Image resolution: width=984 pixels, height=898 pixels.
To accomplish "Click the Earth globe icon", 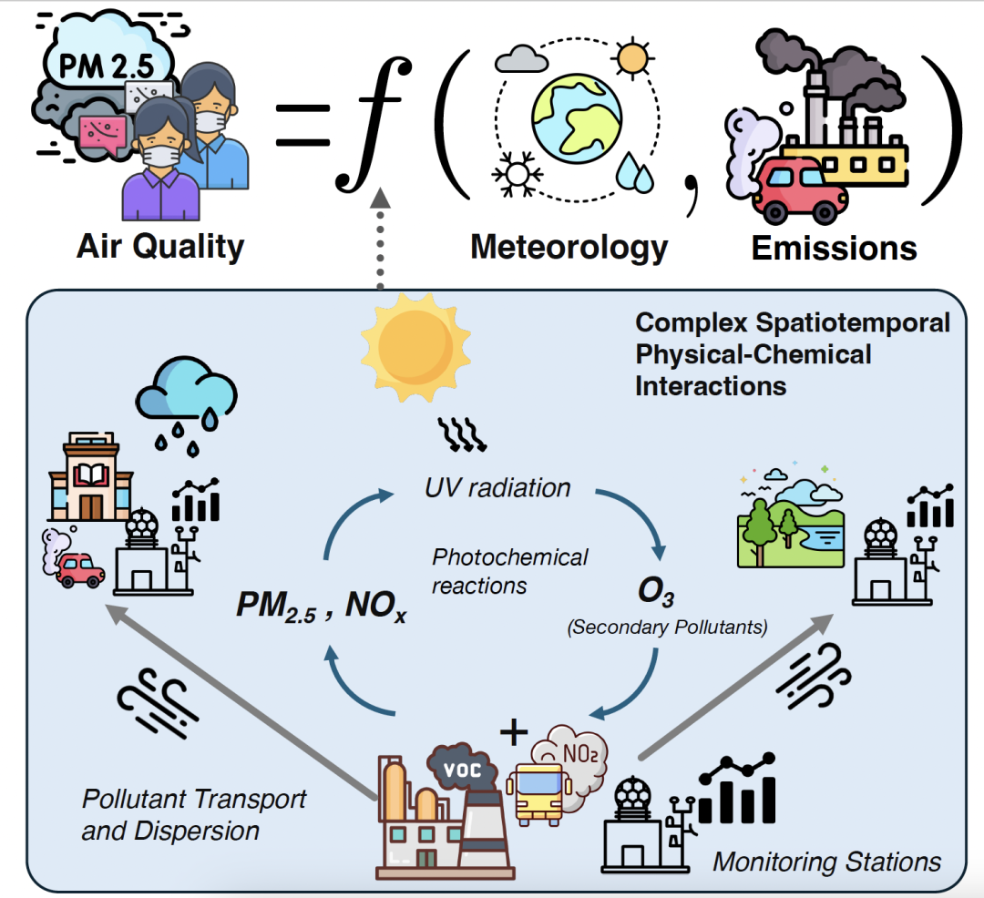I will pos(577,119).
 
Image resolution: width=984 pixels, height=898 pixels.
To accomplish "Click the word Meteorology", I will pos(569,247).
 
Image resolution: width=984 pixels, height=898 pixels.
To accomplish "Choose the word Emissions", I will pos(834,248).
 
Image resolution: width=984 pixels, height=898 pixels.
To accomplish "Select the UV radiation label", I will pos(497,488).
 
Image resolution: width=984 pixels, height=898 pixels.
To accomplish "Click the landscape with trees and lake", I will pos(789,518).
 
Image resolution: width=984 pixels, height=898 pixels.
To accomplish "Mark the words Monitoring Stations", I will pos(826,861).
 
